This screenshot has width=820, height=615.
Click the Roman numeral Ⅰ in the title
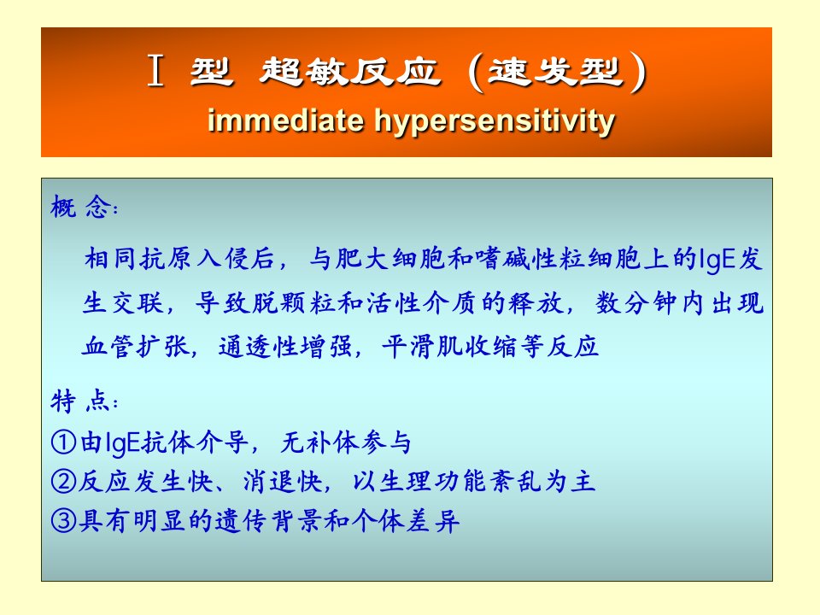tap(155, 71)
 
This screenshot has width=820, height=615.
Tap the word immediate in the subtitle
tap(285, 120)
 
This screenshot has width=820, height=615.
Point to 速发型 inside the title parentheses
tap(556, 71)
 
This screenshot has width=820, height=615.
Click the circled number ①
tap(64, 442)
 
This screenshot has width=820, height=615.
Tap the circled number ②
tap(64, 481)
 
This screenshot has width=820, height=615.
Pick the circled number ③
tap(64, 520)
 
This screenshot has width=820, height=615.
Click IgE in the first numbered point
tap(122, 443)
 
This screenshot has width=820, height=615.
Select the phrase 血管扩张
tap(136, 346)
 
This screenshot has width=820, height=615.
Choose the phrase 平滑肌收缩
tap(450, 346)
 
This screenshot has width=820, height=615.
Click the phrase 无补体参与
tap(346, 442)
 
